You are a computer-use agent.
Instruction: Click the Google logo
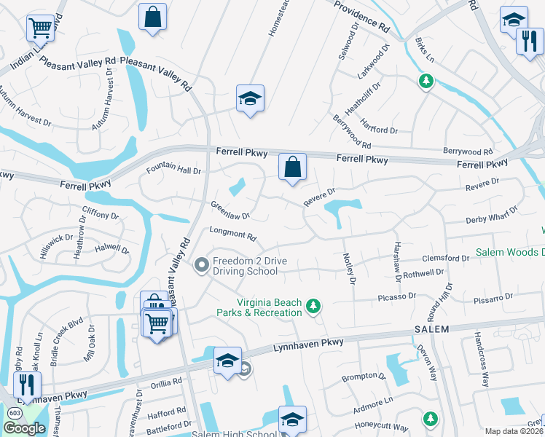coord(24,428)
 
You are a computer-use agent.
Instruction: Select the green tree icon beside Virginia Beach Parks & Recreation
coord(313,305)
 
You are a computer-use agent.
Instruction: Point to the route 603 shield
coord(15,413)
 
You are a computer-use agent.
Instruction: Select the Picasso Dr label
coord(396,296)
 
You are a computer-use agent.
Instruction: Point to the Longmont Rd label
coord(233,236)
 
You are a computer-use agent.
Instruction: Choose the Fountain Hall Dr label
coord(173,170)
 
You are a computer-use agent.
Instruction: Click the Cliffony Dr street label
coord(101,215)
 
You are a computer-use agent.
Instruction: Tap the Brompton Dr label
coord(363,377)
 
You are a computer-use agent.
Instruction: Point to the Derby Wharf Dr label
coord(491,216)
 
